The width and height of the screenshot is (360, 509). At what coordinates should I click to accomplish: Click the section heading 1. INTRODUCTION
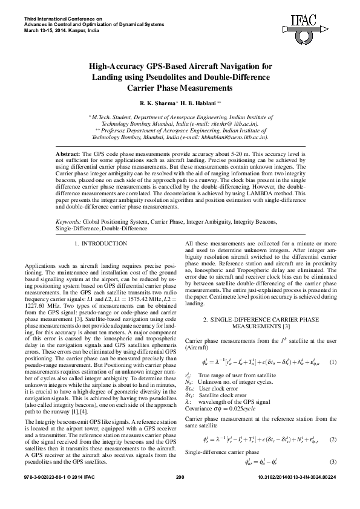pyautogui.click(x=100, y=244)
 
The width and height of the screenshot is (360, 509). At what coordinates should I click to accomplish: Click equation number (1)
pyautogui.click(x=332, y=362)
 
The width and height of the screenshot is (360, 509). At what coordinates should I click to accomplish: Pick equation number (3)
pyautogui.click(x=332, y=462)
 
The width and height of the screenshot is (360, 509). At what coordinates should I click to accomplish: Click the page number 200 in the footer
pyautogui.click(x=179, y=494)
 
